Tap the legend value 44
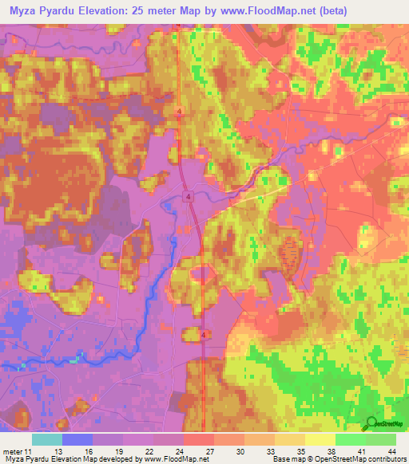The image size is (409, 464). [391, 450]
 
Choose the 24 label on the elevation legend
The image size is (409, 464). [180, 450]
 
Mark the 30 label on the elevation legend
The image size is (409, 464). [240, 450]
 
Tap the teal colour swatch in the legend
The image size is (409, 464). [46, 439]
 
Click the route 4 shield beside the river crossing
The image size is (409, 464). [189, 195]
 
